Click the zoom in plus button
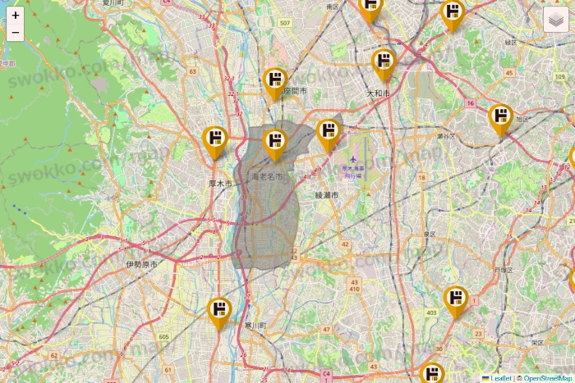point(16,15)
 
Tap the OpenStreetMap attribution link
point(548,378)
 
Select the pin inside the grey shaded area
point(274,144)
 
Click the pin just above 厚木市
point(215,141)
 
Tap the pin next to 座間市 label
point(275,82)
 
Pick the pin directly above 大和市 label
point(384,64)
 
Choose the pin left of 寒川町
point(219,312)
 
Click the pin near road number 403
point(456,300)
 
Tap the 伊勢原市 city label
point(141,265)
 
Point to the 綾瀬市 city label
point(326,195)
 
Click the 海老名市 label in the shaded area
point(267,176)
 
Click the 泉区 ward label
point(430,234)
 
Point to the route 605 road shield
point(164,337)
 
